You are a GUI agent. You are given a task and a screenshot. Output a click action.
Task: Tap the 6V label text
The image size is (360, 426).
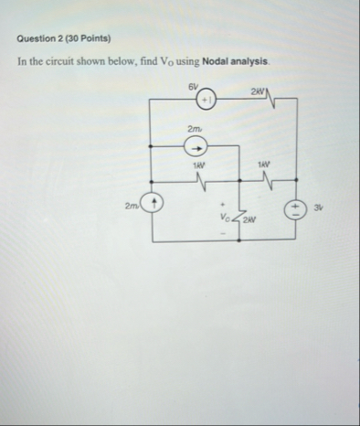click(191, 85)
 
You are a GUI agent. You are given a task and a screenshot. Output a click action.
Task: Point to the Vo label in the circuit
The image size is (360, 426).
click(225, 218)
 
